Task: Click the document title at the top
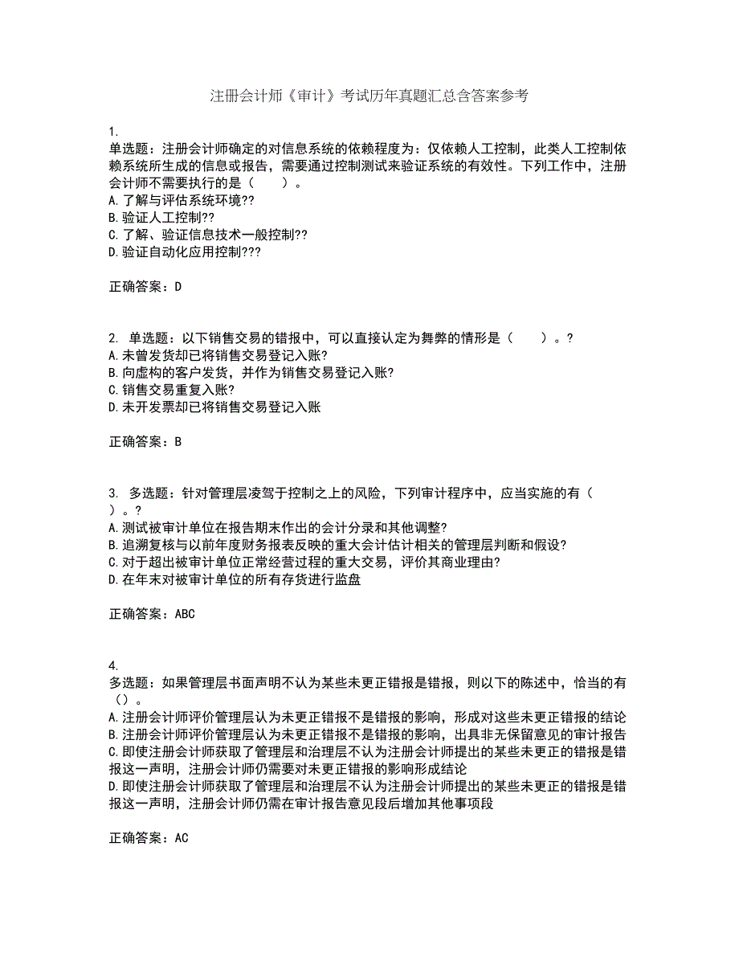pos(369,96)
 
